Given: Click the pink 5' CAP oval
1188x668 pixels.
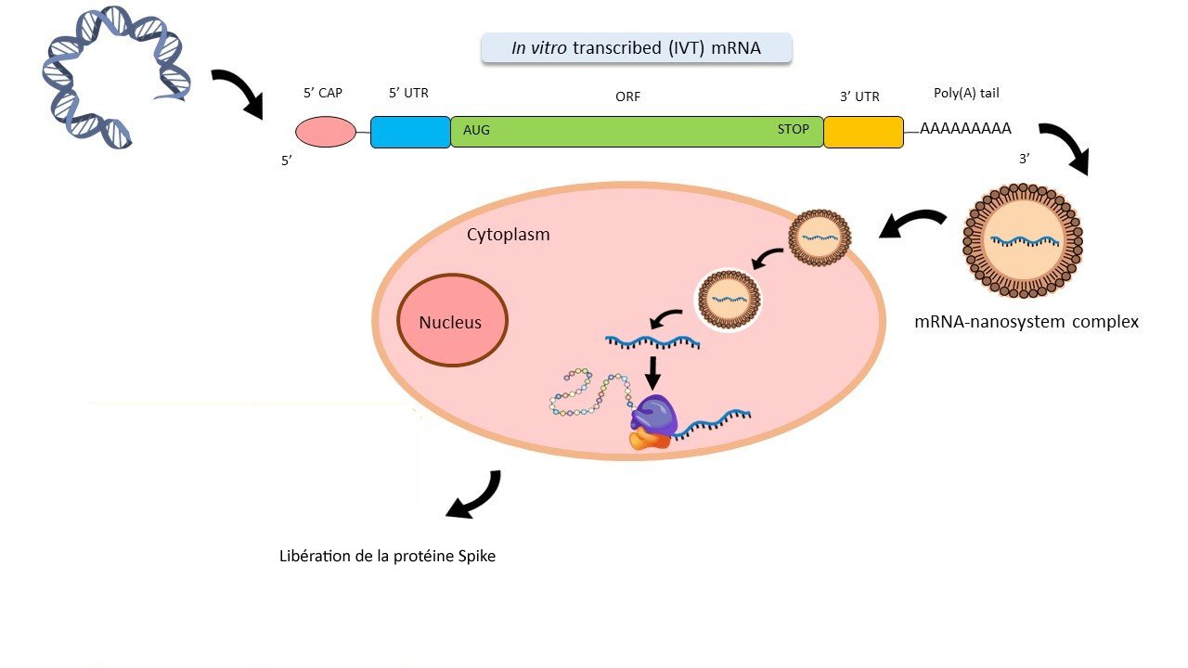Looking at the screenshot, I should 325,132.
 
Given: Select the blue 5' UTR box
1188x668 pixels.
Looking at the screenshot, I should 410,132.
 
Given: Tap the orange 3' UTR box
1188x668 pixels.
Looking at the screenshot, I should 863,132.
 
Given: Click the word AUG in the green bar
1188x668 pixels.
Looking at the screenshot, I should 476,130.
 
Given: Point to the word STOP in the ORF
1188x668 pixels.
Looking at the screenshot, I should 793,129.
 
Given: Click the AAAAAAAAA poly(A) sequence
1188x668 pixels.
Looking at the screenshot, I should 965,129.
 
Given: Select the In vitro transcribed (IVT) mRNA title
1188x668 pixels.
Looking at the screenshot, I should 636,48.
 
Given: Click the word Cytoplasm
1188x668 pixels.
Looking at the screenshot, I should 508,235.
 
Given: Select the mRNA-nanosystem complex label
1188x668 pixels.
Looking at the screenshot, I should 1026,322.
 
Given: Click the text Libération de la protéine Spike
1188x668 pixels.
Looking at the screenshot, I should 388,557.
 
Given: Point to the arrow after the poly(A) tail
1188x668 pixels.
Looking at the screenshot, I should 1066,147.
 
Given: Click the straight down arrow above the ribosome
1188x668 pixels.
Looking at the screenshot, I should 652,371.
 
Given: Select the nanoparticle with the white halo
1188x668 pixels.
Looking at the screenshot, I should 729,301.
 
